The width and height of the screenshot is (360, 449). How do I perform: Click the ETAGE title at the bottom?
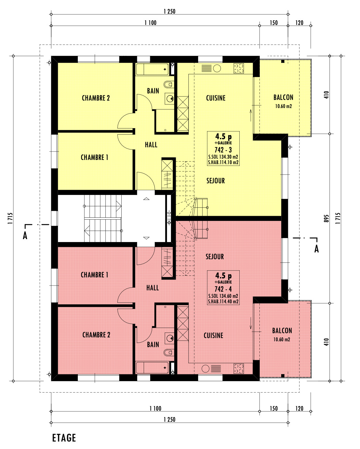(64, 438)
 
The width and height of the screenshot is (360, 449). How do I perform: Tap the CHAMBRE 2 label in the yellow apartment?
(96, 98)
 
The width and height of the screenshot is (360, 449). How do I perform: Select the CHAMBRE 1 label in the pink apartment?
(94, 275)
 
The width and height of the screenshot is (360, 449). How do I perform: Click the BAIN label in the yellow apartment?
(153, 91)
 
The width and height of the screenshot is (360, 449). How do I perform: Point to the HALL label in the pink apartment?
(152, 288)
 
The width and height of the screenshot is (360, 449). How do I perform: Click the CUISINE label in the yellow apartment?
(216, 98)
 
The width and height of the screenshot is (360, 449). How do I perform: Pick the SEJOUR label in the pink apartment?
(215, 257)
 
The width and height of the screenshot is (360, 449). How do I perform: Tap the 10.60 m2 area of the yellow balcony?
(283, 106)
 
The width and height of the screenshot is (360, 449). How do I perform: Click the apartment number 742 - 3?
(223, 150)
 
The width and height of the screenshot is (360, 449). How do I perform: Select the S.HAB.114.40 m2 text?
(223, 301)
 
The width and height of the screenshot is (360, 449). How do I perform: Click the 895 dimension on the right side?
(326, 218)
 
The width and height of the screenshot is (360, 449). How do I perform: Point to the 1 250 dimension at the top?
(170, 11)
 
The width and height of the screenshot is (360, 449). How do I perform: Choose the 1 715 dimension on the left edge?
(10, 218)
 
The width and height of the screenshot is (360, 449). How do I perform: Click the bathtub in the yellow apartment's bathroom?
(152, 69)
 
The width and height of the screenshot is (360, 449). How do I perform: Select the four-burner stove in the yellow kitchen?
(239, 68)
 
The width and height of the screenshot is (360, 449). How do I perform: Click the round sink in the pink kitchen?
(205, 369)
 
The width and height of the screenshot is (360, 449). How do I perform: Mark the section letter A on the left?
(25, 236)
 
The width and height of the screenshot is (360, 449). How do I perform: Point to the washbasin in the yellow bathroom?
(170, 98)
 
